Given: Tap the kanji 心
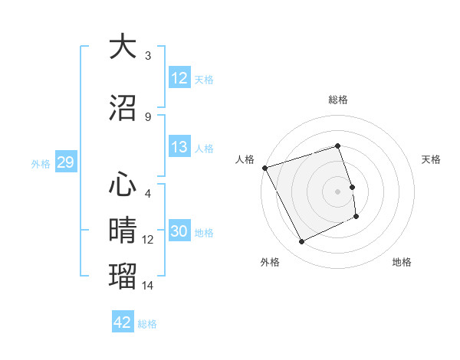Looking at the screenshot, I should coord(123,185).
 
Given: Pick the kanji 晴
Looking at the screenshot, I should coord(123,230).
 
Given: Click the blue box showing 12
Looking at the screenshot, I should coord(179,77).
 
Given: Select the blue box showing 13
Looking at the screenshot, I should coord(179,147).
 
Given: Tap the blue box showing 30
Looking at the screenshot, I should coord(179,232).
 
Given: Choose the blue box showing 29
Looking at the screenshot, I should coord(65,162).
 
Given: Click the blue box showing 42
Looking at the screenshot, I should coord(123,322).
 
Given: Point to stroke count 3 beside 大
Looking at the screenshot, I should coord(148,56).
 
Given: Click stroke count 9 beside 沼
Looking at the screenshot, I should coord(148,117).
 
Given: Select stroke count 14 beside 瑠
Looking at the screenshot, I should coord(148,286).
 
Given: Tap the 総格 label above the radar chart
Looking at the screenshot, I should coord(337,100).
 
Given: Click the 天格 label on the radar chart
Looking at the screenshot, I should coord(431,159).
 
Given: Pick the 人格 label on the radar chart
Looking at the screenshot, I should coord(245,159).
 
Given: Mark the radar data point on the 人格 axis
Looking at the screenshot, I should coord(264,168).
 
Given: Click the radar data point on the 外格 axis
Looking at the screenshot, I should coord(301,242).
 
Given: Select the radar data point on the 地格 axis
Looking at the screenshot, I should coord(357,217).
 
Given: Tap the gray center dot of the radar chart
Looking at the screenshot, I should coord(337,191).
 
